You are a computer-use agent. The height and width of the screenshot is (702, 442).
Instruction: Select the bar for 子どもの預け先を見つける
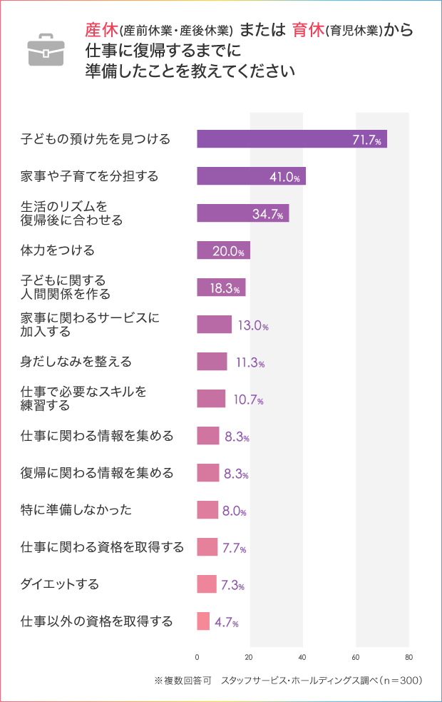click(292, 139)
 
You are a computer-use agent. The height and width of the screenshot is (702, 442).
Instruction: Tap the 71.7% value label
click(368, 140)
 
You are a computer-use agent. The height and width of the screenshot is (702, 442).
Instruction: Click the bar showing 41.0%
click(251, 176)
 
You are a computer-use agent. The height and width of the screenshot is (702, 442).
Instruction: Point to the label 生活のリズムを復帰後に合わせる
click(71, 213)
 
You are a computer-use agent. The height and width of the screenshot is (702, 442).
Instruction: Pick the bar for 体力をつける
click(223, 250)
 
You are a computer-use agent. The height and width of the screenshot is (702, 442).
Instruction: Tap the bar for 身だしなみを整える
click(212, 362)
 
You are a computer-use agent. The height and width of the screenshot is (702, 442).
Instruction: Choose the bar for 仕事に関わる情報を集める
click(208, 436)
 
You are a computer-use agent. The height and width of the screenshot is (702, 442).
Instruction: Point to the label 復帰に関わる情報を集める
click(97, 473)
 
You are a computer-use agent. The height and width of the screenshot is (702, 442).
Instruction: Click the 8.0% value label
click(234, 512)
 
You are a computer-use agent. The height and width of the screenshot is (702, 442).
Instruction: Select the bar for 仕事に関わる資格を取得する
click(207, 547)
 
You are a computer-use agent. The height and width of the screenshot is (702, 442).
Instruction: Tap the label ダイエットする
click(60, 584)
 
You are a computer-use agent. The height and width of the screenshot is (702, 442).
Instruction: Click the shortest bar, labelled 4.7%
click(203, 621)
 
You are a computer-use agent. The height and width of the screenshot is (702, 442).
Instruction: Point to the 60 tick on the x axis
click(356, 656)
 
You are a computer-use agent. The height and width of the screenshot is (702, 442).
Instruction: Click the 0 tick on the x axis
click(197, 656)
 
